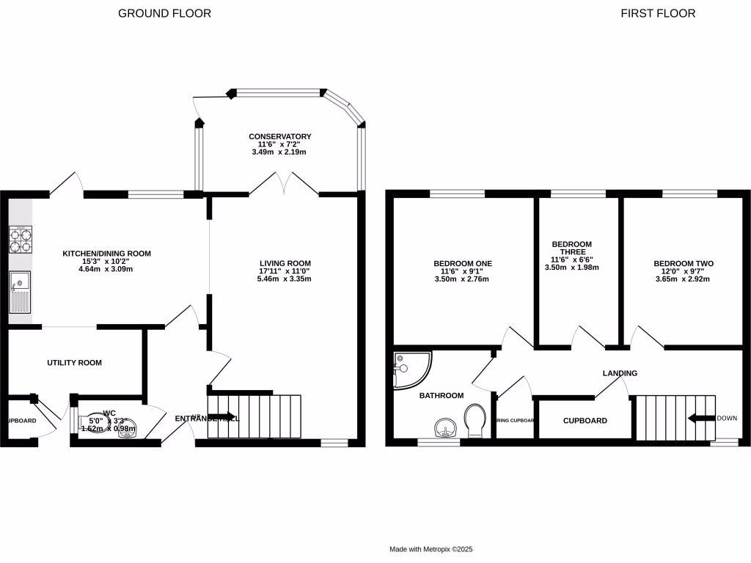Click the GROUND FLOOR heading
click(x=164, y=13)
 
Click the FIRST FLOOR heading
click(x=658, y=13)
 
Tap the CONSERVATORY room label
click(x=279, y=136)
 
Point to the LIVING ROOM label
click(x=285, y=263)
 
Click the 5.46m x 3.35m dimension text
click(x=285, y=279)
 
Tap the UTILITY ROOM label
click(x=74, y=363)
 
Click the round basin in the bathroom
click(x=444, y=427)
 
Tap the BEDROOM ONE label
click(x=462, y=263)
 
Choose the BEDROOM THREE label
click(x=571, y=249)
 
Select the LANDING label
click(x=620, y=373)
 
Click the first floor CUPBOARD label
click(x=585, y=421)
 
